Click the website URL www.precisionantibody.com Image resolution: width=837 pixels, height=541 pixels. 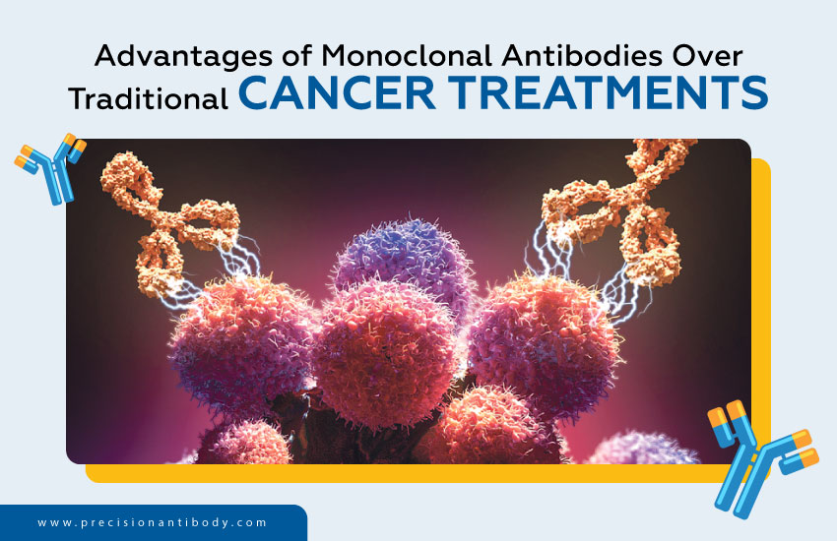(153, 522)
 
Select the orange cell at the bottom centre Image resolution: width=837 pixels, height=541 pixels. (483, 428)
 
